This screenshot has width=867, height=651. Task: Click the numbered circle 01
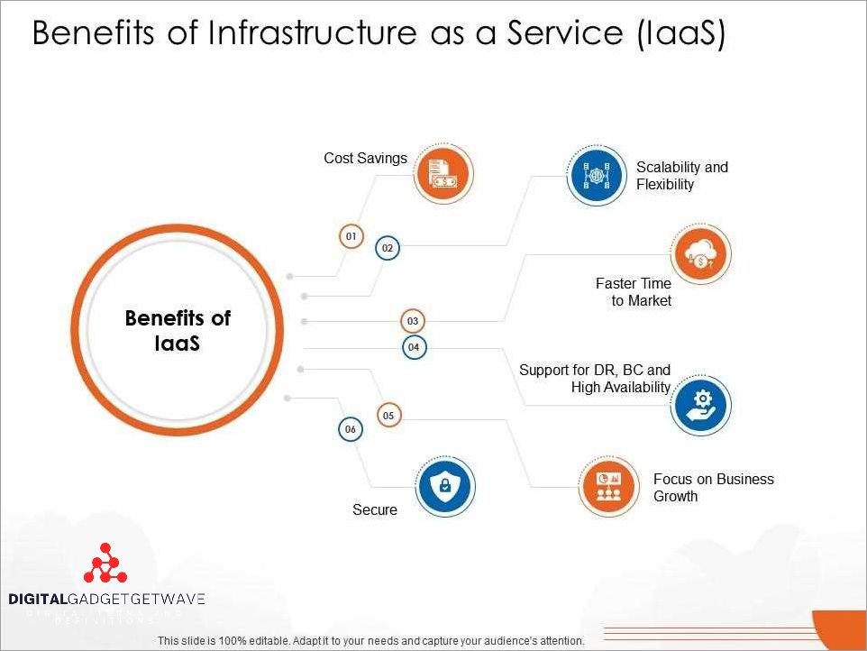(351, 236)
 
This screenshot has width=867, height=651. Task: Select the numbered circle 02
(388, 247)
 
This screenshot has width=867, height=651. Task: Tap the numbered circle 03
(413, 321)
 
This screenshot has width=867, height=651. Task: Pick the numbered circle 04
(414, 347)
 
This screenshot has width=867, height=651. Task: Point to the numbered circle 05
(388, 416)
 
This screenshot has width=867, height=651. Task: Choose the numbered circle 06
(351, 430)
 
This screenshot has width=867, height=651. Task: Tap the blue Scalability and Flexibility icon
(597, 175)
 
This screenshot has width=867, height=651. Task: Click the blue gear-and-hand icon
(701, 404)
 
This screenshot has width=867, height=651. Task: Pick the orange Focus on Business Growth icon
(607, 487)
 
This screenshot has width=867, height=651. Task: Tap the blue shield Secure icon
(445, 487)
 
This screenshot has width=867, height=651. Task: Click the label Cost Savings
(365, 159)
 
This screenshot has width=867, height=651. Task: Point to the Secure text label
(375, 510)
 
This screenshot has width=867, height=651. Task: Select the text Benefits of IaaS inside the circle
(178, 331)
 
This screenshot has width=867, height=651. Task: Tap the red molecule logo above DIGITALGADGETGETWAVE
(105, 564)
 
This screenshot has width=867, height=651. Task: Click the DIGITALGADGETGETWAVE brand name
(106, 599)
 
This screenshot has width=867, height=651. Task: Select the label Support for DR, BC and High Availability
(595, 379)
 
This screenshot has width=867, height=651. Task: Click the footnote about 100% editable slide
(370, 640)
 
